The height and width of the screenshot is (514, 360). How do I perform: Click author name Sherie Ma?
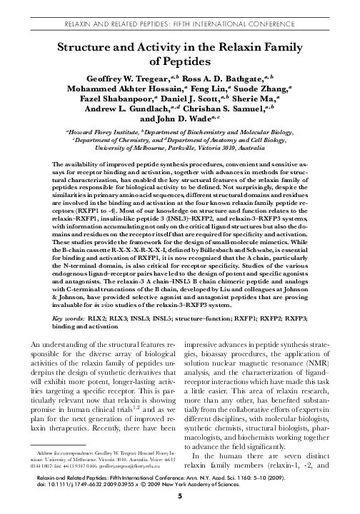tap(290, 104)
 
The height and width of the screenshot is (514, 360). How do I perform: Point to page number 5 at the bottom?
tap(179, 507)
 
